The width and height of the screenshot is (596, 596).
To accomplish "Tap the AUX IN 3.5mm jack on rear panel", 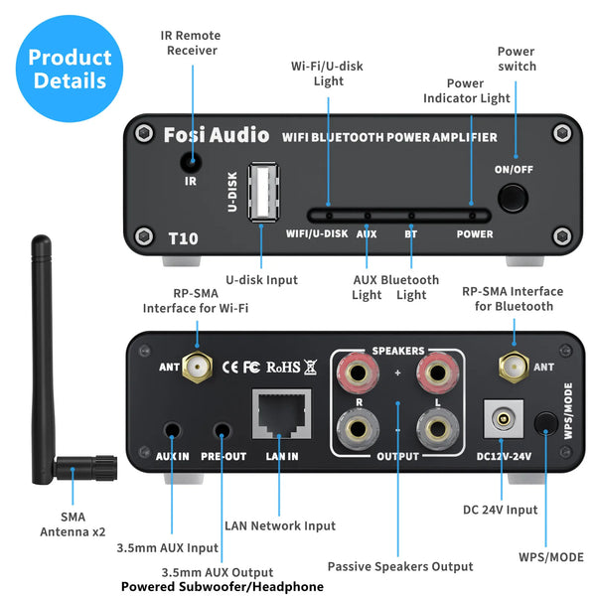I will pyautogui.click(x=174, y=432).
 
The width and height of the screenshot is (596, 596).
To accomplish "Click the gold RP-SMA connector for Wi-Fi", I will pyautogui.click(x=202, y=367).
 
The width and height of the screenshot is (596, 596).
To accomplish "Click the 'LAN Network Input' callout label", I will pyautogui.click(x=280, y=525).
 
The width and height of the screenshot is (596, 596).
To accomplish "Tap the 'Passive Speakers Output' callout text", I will pyautogui.click(x=400, y=566).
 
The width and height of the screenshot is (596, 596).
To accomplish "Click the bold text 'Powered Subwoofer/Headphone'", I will pyautogui.click(x=223, y=587).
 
